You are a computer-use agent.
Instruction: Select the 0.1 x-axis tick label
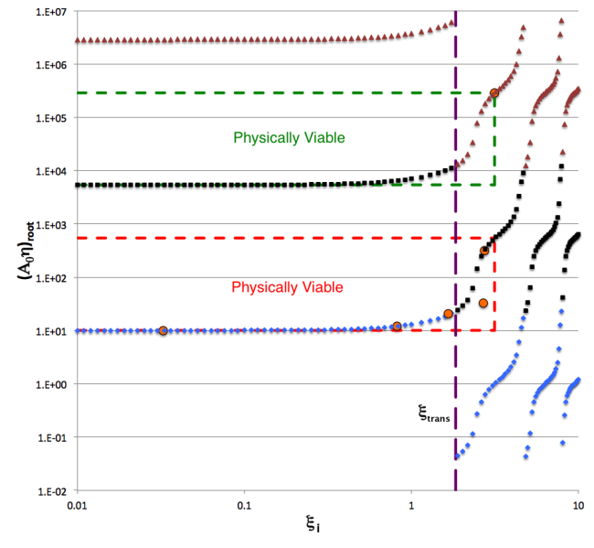coord(244,506)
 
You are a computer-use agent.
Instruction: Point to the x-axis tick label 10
coord(578,506)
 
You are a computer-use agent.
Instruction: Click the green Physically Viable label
coord(289,138)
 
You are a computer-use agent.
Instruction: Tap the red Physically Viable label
coord(287,287)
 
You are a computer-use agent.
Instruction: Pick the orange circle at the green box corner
coord(494,92)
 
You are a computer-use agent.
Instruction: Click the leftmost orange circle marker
coord(163,330)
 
